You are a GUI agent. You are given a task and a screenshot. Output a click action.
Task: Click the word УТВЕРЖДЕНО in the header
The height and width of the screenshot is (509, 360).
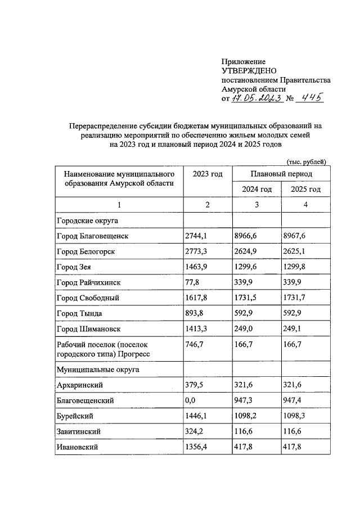point(248,71)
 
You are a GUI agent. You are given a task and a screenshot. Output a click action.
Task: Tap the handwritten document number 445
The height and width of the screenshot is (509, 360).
point(310,98)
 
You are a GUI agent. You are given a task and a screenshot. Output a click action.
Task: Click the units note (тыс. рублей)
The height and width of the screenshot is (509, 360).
point(306,161)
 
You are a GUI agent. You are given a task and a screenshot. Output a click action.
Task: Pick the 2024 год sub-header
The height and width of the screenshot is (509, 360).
point(256,190)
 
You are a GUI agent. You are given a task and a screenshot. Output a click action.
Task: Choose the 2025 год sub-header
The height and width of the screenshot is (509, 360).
point(305,190)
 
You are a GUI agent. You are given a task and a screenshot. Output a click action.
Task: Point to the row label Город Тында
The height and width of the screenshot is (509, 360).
point(79,313)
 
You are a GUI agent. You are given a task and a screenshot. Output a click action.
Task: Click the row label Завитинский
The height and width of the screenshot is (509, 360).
point(80,431)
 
